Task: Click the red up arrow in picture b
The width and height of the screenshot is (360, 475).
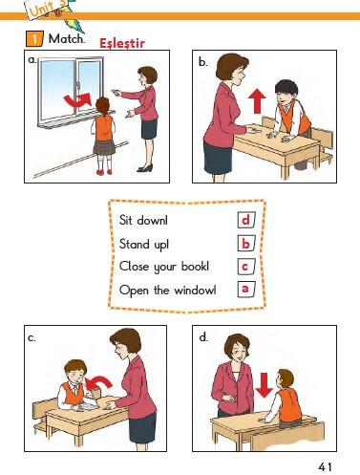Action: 257,101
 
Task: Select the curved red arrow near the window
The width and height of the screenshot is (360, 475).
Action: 78,99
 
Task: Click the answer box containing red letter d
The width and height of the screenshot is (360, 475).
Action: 246,220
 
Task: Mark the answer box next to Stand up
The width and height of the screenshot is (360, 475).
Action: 246,244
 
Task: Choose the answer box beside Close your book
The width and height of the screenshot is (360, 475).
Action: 246,267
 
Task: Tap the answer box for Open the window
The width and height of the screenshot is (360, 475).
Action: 246,289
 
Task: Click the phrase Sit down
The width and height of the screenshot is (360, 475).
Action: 143,220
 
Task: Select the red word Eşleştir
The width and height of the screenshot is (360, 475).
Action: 122,43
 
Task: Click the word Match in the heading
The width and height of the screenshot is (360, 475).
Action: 67,39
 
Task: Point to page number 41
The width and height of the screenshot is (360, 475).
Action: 326,467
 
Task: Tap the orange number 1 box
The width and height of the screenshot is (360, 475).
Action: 34,38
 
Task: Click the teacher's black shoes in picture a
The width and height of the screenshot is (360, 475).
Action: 145,168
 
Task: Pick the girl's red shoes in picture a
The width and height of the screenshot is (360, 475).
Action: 105,172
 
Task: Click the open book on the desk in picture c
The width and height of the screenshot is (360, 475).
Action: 86,404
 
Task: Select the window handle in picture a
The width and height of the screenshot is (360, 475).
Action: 77,86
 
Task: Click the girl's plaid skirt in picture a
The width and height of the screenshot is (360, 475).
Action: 104,147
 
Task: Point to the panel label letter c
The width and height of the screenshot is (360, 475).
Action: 32,337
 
